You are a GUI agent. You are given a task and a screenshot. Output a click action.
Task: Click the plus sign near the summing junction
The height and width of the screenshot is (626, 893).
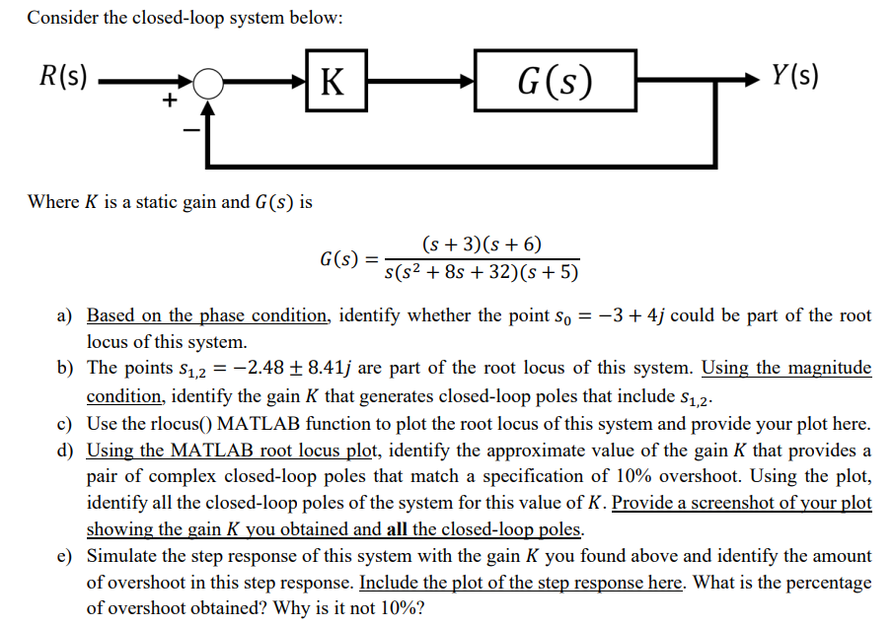point(170,100)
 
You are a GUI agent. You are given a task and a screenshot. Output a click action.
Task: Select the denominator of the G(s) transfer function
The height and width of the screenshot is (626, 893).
point(481,272)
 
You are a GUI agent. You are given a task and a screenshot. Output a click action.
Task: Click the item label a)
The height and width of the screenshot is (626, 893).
point(65,316)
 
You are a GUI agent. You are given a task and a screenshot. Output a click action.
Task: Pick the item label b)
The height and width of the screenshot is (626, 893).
point(65,369)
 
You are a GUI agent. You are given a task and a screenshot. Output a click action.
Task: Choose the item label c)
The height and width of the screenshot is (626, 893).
point(65,424)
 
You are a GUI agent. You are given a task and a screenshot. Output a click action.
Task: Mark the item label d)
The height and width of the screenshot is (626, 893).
point(65,451)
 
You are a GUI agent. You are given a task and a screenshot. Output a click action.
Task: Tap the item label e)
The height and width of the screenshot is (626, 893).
point(65,556)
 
